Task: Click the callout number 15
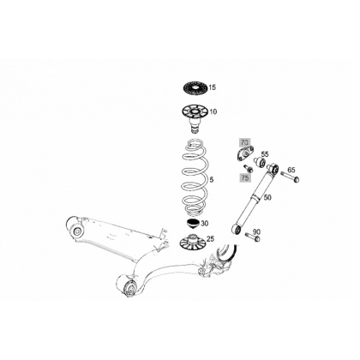[213, 87]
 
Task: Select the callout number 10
[213, 111]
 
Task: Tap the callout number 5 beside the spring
[212, 180]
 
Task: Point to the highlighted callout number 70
[245, 142]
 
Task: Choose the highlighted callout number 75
[245, 177]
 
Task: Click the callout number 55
[265, 154]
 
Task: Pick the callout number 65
[291, 170]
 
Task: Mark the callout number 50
[267, 197]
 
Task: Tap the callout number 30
[205, 224]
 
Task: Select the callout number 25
[210, 239]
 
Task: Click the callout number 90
[256, 231]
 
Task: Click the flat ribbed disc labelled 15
[195, 87]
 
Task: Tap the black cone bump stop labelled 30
[193, 224]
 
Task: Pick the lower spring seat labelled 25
[192, 242]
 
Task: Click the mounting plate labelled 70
[245, 153]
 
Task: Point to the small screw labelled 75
[248, 169]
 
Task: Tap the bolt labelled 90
[253, 237]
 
